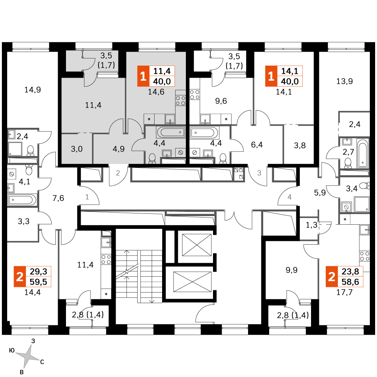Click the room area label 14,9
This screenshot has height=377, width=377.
33,90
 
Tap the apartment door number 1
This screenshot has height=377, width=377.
87,197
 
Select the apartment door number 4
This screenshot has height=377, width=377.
290,197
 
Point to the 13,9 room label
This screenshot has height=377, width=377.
345,81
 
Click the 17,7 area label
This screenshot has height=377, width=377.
345,293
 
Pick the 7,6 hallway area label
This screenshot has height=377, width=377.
58,198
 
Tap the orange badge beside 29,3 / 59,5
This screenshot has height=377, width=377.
20,276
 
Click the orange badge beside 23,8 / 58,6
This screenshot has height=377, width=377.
331,276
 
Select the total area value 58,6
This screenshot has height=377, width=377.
350,282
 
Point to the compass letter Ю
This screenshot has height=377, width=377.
12,350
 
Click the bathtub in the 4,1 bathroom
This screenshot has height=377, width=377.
22,200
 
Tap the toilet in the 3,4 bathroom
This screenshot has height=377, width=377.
365,185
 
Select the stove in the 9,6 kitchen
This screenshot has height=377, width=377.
195,94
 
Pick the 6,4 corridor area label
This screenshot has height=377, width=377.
257,145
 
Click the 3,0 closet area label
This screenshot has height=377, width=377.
77,149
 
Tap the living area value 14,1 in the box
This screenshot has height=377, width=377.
290,71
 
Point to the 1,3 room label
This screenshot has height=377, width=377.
312,225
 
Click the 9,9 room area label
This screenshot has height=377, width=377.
292,270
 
